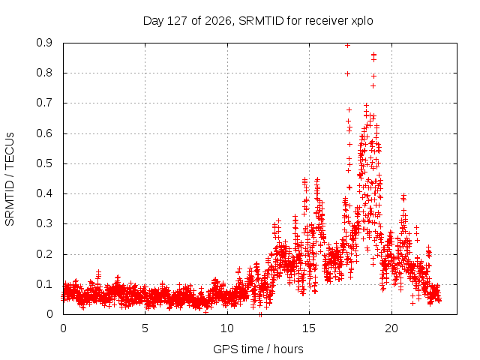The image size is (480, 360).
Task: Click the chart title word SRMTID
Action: coord(261,21)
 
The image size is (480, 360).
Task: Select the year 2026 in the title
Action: coord(218,21)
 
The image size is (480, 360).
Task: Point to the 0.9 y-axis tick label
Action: coord(44,43)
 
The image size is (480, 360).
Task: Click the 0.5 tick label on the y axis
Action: coord(44,163)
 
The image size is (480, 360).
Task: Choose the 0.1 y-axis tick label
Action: coord(44,284)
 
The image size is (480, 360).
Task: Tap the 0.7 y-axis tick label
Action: coord(44,103)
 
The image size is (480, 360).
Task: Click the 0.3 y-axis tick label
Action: coord(44,223)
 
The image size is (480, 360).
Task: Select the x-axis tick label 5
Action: coord(145,328)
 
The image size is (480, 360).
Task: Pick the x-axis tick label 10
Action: coord(227,328)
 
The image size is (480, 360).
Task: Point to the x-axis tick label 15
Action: coord(309,328)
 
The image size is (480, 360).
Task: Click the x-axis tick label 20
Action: coord(391,328)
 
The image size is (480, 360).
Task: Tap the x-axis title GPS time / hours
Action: coord(258,349)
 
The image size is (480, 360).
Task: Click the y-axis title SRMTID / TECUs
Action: coord(10,179)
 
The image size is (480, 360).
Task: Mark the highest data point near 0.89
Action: coord(347,46)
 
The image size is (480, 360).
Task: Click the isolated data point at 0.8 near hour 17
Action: coord(347,73)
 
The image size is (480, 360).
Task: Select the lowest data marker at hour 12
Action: coord(260,314)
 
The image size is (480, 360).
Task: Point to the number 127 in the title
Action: coord(178,21)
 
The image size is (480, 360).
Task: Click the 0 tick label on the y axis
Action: coord(49,314)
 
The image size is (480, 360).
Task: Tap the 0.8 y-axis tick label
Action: coord(44,73)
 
